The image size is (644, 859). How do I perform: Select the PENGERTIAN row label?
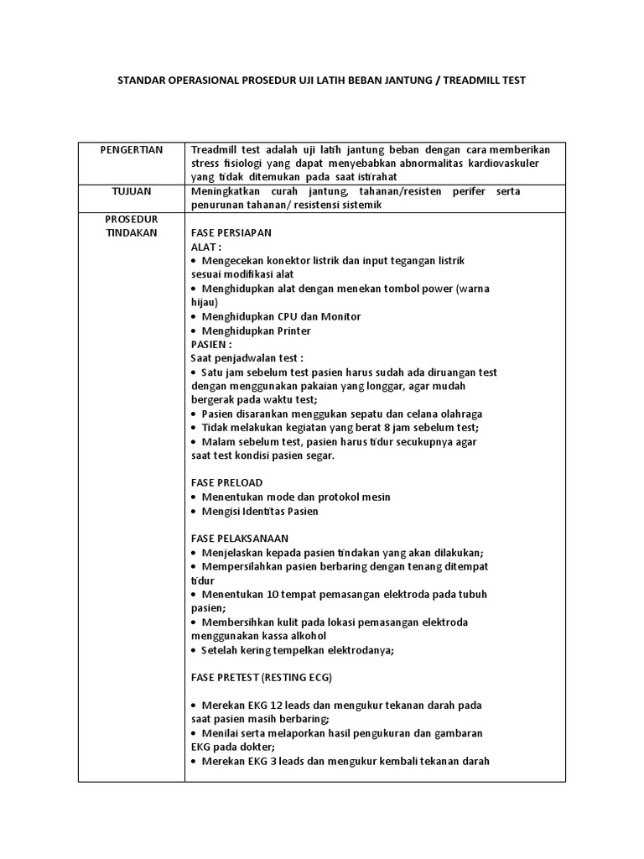click(x=131, y=149)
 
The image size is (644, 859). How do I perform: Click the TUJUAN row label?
click(x=131, y=191)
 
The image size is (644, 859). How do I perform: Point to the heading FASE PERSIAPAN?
click(x=231, y=232)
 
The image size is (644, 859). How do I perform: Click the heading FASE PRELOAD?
click(x=226, y=482)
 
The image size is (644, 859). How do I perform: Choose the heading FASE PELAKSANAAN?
click(x=240, y=538)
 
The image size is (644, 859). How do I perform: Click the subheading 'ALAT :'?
click(x=206, y=247)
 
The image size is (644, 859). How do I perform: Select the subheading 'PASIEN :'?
click(x=211, y=344)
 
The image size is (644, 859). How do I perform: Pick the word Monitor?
click(x=340, y=316)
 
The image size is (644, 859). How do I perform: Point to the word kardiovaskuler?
click(x=517, y=163)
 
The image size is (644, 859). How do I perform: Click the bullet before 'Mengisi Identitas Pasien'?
click(x=194, y=511)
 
